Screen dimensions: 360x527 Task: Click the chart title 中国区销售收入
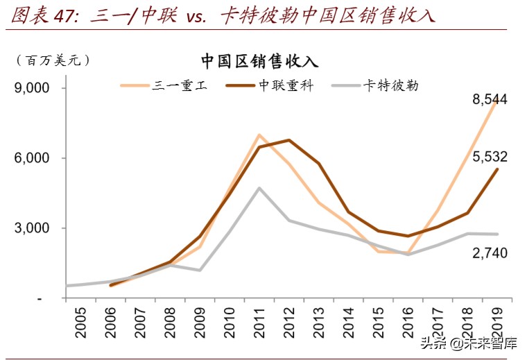(259, 61)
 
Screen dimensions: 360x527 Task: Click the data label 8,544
(490, 100)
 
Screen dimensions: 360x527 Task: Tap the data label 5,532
(490, 157)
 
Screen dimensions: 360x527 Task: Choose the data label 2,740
(490, 253)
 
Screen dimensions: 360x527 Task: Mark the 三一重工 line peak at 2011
(259, 135)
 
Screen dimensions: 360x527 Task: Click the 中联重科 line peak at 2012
(289, 140)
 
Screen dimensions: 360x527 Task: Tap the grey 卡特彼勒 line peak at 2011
(259, 188)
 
